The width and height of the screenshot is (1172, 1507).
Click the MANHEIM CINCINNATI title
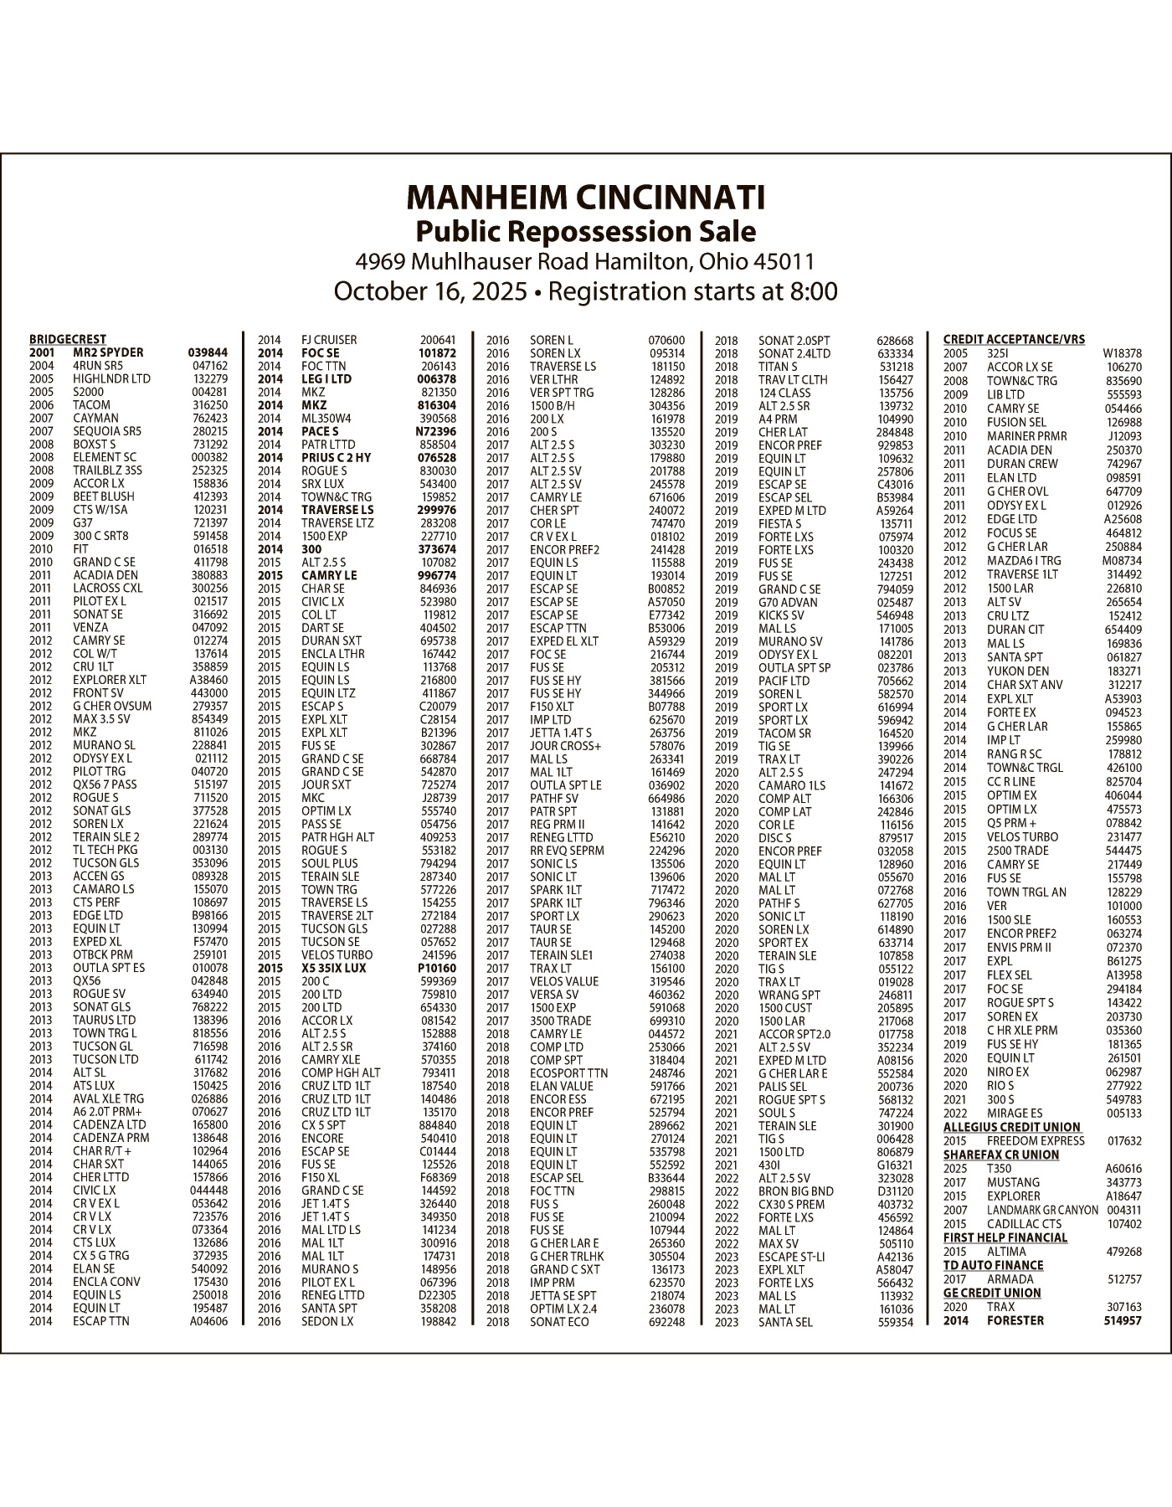pyautogui.click(x=585, y=198)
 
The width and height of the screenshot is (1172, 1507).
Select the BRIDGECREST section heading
pyautogui.click(x=68, y=339)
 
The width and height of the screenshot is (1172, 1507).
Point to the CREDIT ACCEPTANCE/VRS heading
pyautogui.click(x=1014, y=339)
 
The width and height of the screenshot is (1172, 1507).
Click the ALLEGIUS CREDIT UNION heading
pyautogui.click(x=1011, y=1127)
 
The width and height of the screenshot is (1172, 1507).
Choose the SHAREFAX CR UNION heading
pyautogui.click(x=1000, y=1155)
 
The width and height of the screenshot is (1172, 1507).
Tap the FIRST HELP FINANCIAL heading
pyautogui.click(x=1005, y=1237)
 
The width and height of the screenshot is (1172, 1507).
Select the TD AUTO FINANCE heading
pyautogui.click(x=993, y=1265)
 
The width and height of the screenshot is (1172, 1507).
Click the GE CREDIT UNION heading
pyautogui.click(x=992, y=1293)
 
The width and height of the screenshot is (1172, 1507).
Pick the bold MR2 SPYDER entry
pyautogui.click(x=108, y=352)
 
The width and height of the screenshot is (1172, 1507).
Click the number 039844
pyautogui.click(x=208, y=352)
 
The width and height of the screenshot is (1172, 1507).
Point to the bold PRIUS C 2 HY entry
pyautogui.click(x=336, y=458)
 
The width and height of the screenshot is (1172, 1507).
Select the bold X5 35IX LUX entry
pyautogui.click(x=334, y=968)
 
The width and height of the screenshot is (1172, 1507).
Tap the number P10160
pyautogui.click(x=437, y=968)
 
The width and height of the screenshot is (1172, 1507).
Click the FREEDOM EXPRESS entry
pyautogui.click(x=1036, y=1140)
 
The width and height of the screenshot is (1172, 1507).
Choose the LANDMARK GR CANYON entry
pyautogui.click(x=1042, y=1210)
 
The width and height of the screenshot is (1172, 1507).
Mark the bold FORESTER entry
pyautogui.click(x=1015, y=1320)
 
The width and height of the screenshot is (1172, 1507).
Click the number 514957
pyautogui.click(x=1122, y=1320)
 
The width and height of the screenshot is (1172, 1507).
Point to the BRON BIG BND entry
pyautogui.click(x=795, y=1191)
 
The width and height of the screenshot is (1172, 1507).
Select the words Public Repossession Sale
pyautogui.click(x=585, y=231)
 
